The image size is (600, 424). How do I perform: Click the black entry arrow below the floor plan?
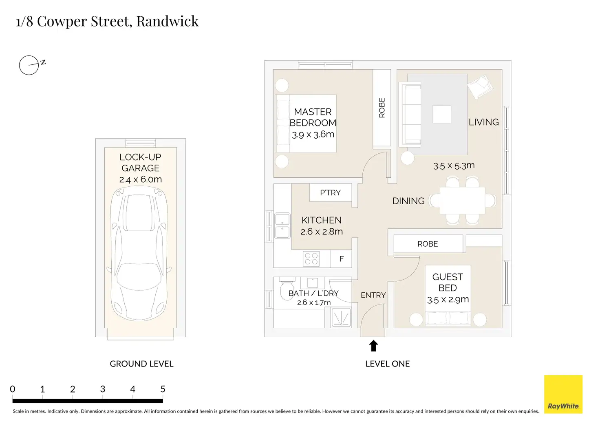click(373, 346)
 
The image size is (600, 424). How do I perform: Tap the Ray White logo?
click(563, 394)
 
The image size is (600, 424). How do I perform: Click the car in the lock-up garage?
click(139, 254)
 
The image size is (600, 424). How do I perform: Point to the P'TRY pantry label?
click(330, 193)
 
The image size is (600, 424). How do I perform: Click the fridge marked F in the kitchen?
click(342, 259)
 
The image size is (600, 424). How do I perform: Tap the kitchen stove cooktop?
click(311, 259)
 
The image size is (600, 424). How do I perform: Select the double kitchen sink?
click(282, 225)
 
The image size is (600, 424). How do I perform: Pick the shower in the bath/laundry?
click(341, 318)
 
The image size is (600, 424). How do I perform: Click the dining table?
click(462, 201)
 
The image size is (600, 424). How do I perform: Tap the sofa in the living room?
click(410, 114)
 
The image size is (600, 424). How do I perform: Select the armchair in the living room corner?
click(480, 86)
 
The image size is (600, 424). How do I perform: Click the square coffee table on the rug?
click(442, 115)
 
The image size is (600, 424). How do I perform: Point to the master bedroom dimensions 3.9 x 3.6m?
click(313, 135)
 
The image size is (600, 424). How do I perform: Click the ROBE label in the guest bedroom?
click(428, 244)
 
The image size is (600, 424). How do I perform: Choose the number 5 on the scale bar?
click(163, 389)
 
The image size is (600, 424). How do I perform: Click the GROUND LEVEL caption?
click(141, 364)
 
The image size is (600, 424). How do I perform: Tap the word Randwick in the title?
click(168, 21)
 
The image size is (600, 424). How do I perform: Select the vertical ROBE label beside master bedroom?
click(382, 108)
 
